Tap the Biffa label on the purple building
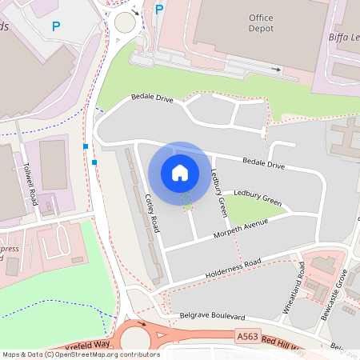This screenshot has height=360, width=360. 343,35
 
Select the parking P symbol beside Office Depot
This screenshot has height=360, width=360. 159,10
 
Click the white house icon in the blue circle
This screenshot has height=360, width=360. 180,172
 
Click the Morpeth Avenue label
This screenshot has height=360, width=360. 241,230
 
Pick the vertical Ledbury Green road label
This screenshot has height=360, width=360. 219,192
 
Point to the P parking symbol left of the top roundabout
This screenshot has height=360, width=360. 56,26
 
